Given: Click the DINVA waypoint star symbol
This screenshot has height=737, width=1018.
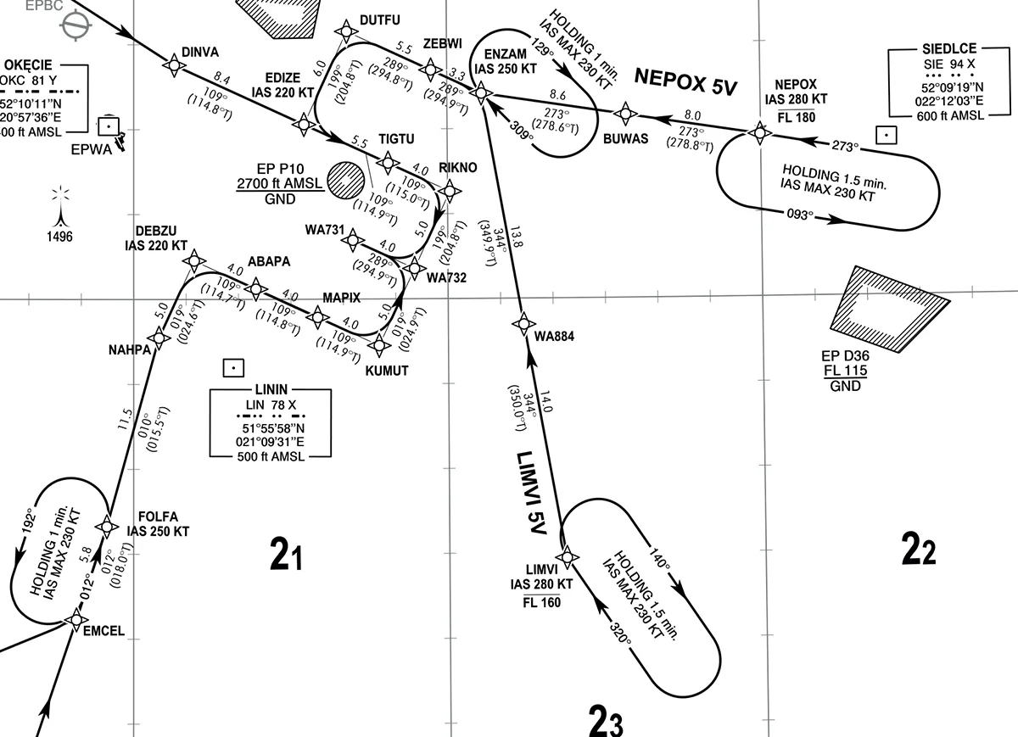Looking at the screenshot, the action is [174, 65].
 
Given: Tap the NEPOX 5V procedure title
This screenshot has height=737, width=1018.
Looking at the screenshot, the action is [685, 82].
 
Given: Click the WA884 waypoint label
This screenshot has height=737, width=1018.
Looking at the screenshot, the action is [554, 336].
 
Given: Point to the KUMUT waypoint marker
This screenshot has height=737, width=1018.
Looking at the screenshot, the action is [379, 345].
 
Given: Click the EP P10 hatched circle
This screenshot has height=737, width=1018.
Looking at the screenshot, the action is [345, 181].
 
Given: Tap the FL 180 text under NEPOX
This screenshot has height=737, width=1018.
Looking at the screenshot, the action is [797, 118].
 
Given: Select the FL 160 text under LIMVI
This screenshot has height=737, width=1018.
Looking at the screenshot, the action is [542, 602].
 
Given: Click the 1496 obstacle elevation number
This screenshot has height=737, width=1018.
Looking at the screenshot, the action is [59, 237].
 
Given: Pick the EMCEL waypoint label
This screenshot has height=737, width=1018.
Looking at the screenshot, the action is [103, 631].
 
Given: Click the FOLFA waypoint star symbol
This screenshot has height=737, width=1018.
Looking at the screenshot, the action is [107, 527].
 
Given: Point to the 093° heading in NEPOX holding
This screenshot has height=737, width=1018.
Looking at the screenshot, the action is [800, 214].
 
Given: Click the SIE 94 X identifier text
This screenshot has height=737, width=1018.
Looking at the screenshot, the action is [949, 64].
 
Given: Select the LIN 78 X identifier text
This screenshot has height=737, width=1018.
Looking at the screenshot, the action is [271, 405].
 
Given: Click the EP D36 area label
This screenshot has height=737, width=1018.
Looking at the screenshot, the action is [845, 355].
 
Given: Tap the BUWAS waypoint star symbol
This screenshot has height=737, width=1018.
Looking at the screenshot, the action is [625, 114].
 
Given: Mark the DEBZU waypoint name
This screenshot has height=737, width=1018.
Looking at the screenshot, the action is [156, 231].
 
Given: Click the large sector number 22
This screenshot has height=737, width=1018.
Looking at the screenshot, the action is [919, 549].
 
